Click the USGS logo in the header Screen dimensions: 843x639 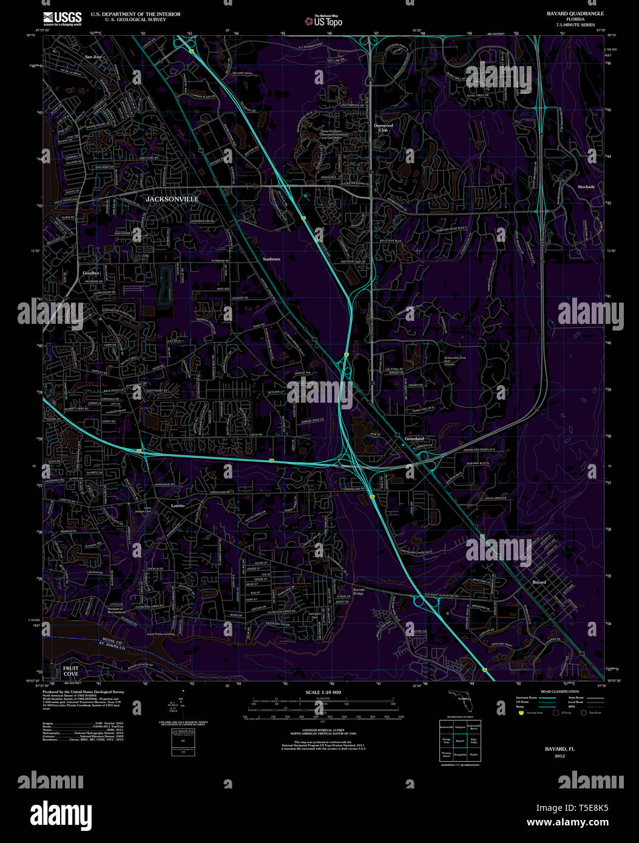[x=62, y=18]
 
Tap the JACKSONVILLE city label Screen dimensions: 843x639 [x=172, y=199]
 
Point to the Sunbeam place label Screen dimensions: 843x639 [x=271, y=259]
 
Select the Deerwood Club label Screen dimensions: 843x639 [x=383, y=127]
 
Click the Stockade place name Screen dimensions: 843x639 [x=586, y=187]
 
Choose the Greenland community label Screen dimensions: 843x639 [x=414, y=438]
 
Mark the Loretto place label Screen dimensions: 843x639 [x=177, y=505]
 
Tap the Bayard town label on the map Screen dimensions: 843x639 [x=539, y=582]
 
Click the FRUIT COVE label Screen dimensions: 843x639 [x=71, y=671]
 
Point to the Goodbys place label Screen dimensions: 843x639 [x=91, y=273]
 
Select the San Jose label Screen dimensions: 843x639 [x=93, y=57]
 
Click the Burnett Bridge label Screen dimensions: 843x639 [x=359, y=591]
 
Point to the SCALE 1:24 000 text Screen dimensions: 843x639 [x=323, y=692]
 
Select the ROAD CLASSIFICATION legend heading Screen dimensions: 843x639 [x=559, y=691]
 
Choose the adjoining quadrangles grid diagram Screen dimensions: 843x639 [x=459, y=741]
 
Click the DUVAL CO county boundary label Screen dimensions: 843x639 [x=112, y=640]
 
